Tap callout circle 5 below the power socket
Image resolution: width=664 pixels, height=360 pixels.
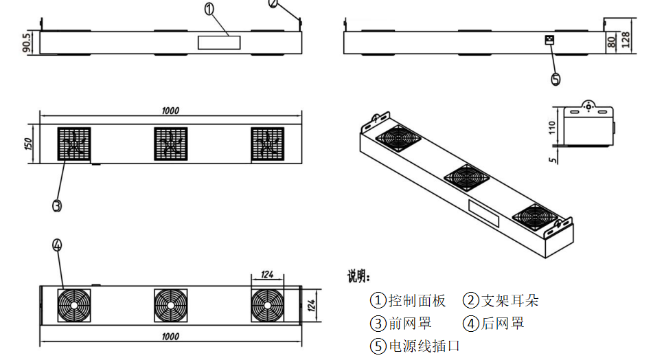[556, 79]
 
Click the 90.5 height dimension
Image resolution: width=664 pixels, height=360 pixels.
[27, 43]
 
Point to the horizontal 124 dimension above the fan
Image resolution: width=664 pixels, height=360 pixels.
[267, 274]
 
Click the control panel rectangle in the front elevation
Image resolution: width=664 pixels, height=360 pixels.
[219, 43]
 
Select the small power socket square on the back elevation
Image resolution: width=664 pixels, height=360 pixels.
[549, 40]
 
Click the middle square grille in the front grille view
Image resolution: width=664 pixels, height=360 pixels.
[171, 144]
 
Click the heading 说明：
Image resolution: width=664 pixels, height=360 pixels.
[358, 278]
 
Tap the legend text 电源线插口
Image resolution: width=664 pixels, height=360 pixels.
[424, 346]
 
